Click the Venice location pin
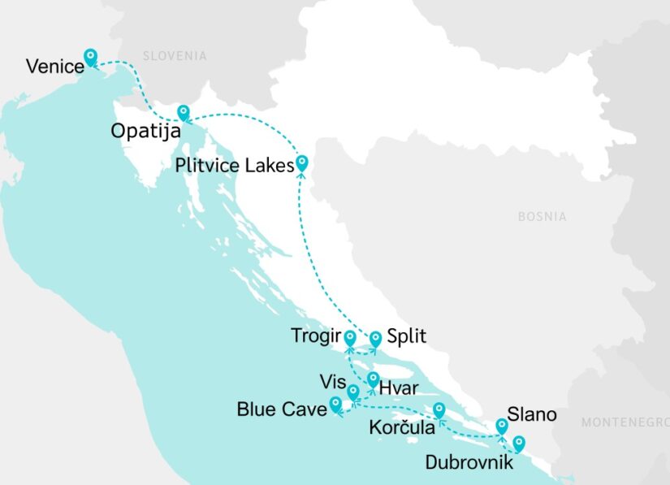[x=91, y=57]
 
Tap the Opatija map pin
[x=184, y=113]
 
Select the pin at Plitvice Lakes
[x=303, y=162]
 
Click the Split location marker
[x=376, y=338]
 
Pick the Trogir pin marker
[x=350, y=337]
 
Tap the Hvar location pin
[x=372, y=379]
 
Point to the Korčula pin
[x=439, y=409]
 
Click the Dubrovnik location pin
[x=518, y=444]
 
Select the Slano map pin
[x=502, y=426]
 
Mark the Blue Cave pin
[x=335, y=404]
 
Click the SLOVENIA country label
[x=175, y=56]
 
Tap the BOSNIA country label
[x=542, y=217]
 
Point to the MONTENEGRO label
[x=625, y=422]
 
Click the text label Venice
[x=55, y=67]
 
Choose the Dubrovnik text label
[x=469, y=463]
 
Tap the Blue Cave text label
[x=280, y=409]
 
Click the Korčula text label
[x=402, y=427]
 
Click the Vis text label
[x=332, y=382]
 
